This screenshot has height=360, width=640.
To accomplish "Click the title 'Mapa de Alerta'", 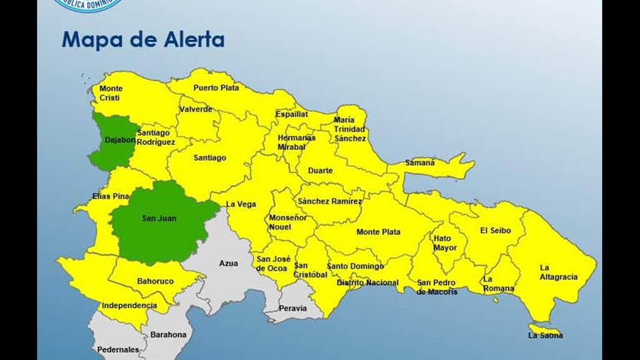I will pos(143,39).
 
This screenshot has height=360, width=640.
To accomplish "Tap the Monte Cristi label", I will pos(111,93).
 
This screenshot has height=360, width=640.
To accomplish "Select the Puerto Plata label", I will pos(216,88).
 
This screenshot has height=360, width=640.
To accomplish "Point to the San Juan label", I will pos(159,219).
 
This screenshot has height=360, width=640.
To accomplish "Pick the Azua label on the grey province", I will pos(229,264).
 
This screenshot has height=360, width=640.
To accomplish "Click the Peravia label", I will pos(293,309).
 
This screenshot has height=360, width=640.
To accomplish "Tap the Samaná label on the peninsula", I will pos(420,163).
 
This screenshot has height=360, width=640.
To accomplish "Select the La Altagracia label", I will pos(559,272).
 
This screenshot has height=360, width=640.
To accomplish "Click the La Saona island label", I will pos(545,335).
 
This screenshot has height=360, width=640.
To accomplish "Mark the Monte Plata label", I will pos(379,232).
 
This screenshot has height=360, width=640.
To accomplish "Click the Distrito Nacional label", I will pos(367,283).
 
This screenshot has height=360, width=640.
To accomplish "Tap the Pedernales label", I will pos(119,349).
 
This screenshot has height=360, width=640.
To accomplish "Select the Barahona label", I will pos(168,334).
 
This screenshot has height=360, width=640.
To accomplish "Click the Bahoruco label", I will pos(155,281).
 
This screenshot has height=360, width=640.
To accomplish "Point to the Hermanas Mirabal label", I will pos(296,141).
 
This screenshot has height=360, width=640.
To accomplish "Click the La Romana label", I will pos(498,284).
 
